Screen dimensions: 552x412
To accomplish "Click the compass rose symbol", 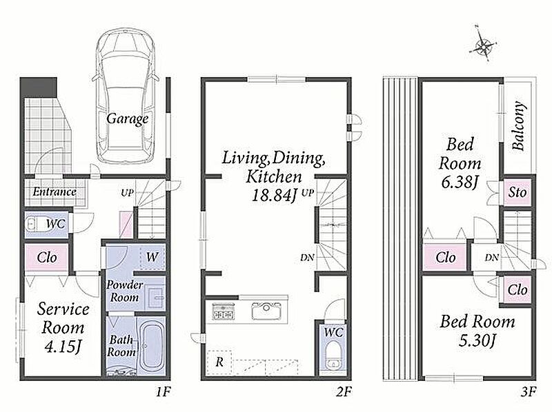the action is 485,44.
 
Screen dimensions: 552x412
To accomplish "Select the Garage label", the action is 127,119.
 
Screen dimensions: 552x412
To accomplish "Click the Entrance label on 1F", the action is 55,192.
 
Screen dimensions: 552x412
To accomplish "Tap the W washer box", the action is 152,257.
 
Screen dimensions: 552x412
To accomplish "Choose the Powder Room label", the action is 125,291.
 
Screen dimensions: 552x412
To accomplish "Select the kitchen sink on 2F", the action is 266,311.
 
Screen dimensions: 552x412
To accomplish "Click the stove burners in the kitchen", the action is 223,311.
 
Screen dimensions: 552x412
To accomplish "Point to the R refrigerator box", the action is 219,362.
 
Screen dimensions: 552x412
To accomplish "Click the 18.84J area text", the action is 274,195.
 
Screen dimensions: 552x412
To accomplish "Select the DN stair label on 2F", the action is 307,258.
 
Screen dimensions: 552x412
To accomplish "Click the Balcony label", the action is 518,126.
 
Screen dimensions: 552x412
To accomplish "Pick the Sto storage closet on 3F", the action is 517,192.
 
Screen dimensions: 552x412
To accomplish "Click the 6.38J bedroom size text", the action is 460,183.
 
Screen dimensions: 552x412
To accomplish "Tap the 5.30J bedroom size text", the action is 477,340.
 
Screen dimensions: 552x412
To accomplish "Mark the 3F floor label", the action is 529,391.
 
